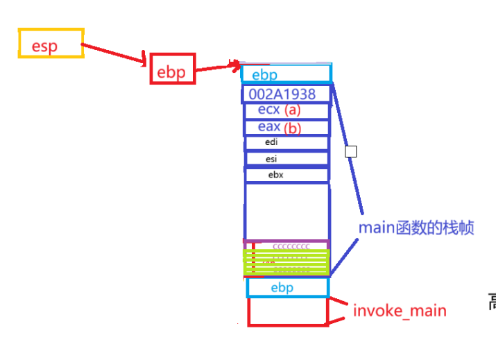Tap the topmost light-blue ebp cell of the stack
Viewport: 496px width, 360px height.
[286, 74]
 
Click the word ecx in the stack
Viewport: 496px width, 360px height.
[269, 110]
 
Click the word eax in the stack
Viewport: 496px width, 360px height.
[269, 126]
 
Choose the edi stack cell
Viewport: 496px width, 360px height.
[287, 143]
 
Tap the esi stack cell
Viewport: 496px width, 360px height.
[287, 159]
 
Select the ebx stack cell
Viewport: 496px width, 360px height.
[287, 175]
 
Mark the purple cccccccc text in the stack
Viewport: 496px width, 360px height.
[291, 246]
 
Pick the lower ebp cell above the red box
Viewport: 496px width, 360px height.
[287, 288]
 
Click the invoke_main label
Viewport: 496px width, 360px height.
[400, 310]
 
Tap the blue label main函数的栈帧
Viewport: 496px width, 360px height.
[416, 228]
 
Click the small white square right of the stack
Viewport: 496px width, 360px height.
[351, 151]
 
